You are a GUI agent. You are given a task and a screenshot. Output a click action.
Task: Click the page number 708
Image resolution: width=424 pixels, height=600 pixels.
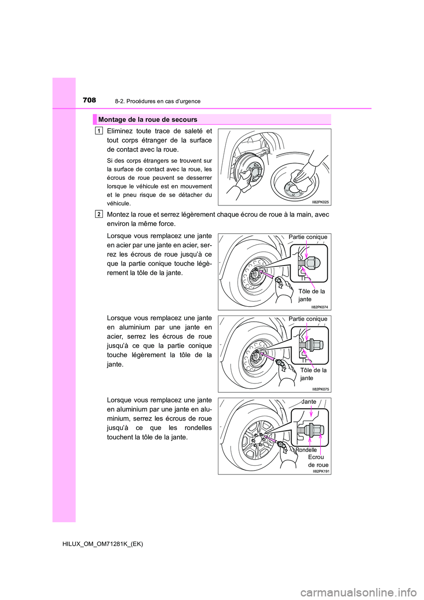[89, 100]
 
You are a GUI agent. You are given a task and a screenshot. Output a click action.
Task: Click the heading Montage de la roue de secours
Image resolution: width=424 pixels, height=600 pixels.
[148, 120]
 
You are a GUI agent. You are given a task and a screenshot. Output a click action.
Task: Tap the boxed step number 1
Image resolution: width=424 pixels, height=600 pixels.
[99, 130]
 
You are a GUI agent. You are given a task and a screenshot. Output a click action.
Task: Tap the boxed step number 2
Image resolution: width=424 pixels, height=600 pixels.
[99, 214]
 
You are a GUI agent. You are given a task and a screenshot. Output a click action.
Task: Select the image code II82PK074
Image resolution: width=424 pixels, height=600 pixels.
[319, 307]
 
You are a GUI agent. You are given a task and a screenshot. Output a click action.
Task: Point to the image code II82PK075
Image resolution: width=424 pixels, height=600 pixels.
[320, 389]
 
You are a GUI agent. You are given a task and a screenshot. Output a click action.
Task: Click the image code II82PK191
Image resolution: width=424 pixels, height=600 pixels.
[321, 471]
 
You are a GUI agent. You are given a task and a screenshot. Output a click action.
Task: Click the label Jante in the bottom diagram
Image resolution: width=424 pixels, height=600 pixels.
[309, 402]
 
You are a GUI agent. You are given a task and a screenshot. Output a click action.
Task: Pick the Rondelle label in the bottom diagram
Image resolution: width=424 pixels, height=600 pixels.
[306, 450]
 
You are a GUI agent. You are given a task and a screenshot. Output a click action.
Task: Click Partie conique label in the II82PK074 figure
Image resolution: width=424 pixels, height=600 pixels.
[308, 237]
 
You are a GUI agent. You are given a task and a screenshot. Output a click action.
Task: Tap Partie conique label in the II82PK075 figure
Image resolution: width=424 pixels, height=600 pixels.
[308, 319]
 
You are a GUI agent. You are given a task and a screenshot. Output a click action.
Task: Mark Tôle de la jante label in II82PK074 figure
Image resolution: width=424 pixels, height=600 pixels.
[311, 295]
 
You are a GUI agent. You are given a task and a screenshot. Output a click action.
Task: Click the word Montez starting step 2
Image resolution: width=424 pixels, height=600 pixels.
[118, 214]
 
